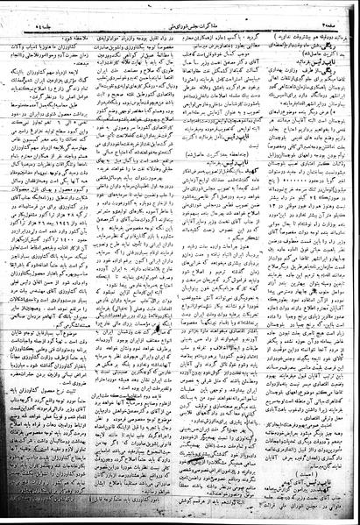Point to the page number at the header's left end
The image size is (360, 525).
click(x=49, y=12)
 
